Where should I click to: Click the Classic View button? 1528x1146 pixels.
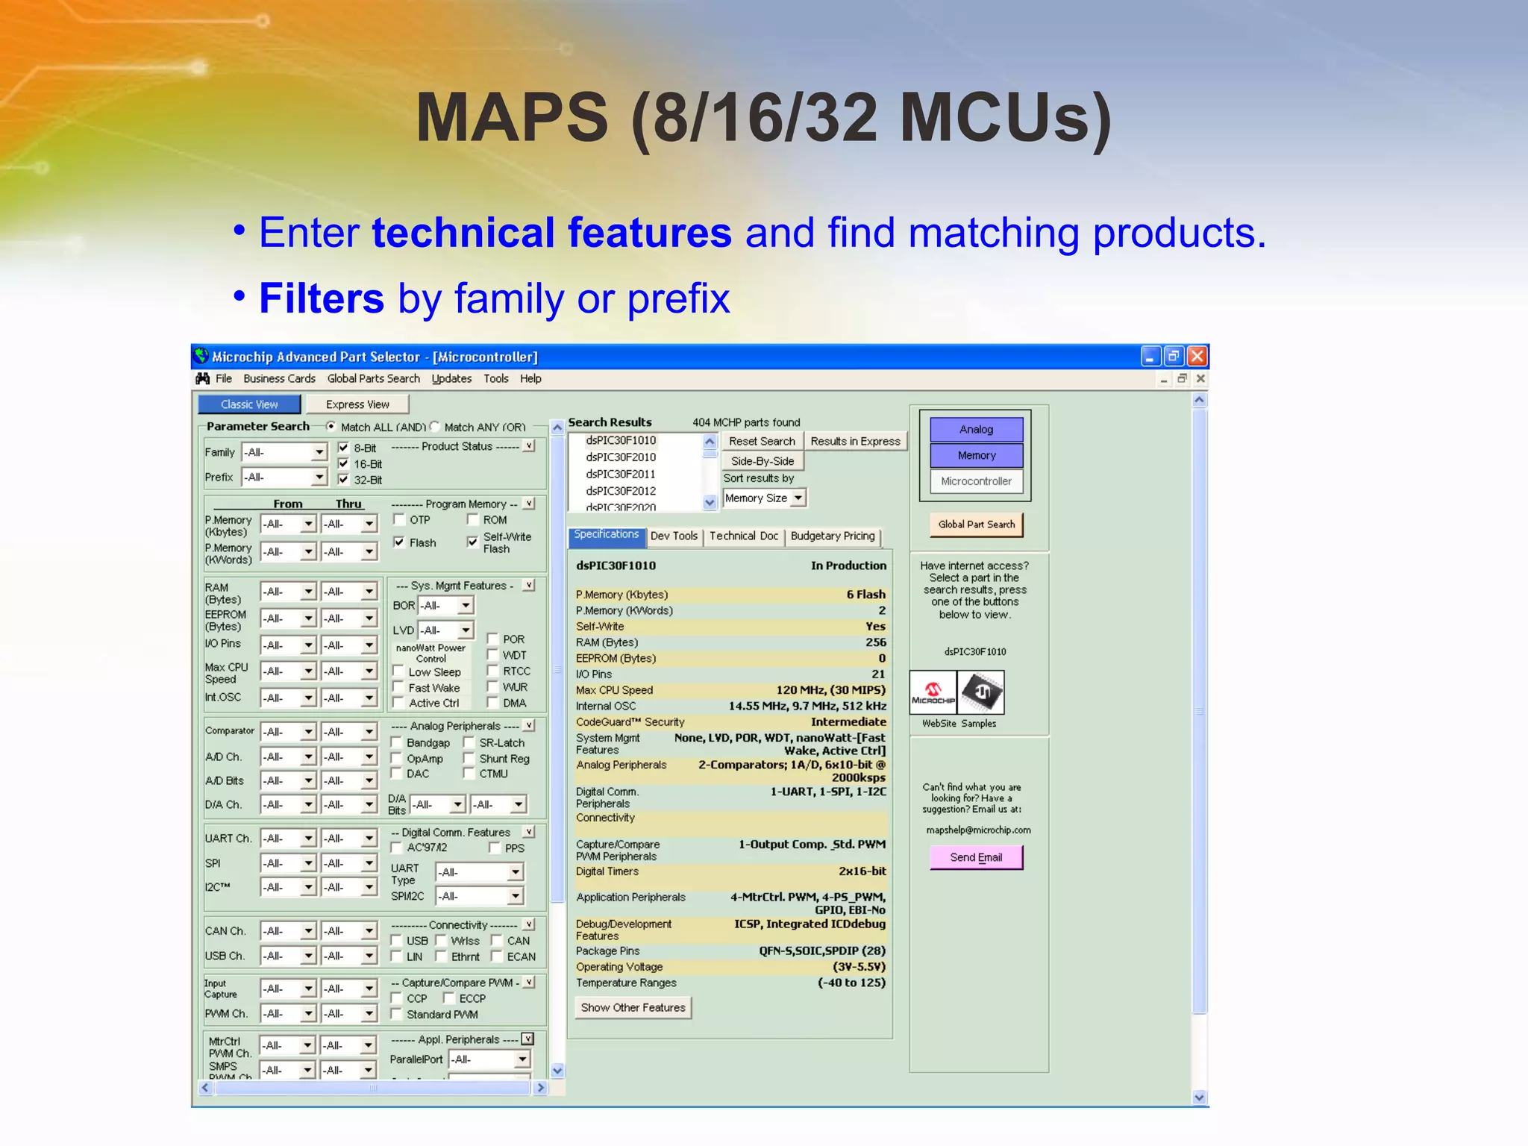click(249, 404)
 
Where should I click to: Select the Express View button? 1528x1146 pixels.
click(357, 404)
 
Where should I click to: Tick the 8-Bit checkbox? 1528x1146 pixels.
click(344, 448)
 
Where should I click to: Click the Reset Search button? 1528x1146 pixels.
click(762, 442)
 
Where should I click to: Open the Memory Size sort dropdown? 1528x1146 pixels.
click(798, 498)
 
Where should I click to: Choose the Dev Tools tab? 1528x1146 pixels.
click(674, 536)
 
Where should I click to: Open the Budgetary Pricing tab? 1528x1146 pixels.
click(833, 536)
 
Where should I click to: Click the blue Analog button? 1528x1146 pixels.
click(976, 430)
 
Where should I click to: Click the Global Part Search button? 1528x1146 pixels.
click(976, 525)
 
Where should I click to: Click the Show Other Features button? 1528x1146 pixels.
click(633, 1008)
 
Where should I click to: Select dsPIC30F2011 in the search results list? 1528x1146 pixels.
click(621, 475)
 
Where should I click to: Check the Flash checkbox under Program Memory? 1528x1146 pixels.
click(399, 542)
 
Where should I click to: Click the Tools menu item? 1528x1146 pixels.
click(495, 379)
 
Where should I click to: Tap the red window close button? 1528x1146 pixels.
click(1197, 357)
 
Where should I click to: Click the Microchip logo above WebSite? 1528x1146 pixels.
click(933, 693)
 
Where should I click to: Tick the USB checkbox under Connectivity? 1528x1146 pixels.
click(397, 941)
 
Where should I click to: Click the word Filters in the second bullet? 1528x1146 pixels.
click(322, 298)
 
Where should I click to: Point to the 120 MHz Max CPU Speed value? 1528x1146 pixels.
click(830, 690)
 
